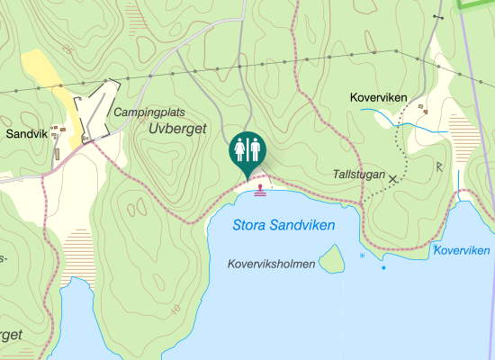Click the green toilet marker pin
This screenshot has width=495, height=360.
pos(247,150)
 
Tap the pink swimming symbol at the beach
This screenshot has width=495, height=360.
pos(261,190)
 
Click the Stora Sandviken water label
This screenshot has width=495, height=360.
pos(283,225)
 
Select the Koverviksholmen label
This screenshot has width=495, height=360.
pos(272,265)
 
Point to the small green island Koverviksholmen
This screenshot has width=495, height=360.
pos(333,261)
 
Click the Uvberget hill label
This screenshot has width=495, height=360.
pos(176,130)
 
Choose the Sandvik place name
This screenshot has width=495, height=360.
pos(25,133)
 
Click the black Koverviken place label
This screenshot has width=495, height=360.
pos(378,97)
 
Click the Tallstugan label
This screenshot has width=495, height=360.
pos(358,174)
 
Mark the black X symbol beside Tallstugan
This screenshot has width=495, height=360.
pos(392,180)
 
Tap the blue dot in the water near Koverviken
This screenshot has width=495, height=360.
pos(383,267)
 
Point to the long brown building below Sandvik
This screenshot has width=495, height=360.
pos(57,154)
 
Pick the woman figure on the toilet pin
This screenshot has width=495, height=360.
pos(239,149)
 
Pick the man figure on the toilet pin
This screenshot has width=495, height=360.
pos(255,149)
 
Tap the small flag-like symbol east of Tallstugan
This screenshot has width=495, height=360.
pos(438,166)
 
